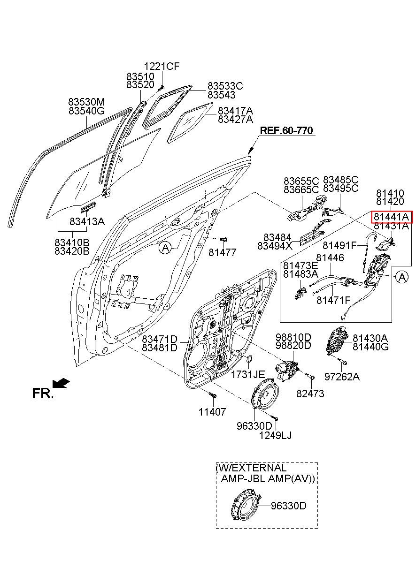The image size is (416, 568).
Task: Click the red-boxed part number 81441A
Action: (x=392, y=217)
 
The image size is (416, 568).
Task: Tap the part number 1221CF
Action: (x=162, y=67)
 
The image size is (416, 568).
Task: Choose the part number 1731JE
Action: (x=247, y=374)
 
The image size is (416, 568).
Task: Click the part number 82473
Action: (x=310, y=394)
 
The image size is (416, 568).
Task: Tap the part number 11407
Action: (x=212, y=412)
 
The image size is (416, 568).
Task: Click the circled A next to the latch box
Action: (x=402, y=278)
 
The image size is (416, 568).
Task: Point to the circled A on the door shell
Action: (x=165, y=247)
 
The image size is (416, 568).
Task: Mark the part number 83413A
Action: (x=87, y=221)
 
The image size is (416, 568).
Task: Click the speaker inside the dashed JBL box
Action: (x=246, y=506)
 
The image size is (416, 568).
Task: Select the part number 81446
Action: (x=330, y=257)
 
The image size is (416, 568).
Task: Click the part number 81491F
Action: (x=340, y=244)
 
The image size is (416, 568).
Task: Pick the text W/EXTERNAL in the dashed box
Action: (x=251, y=468)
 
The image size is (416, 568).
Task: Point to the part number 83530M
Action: (x=86, y=102)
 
